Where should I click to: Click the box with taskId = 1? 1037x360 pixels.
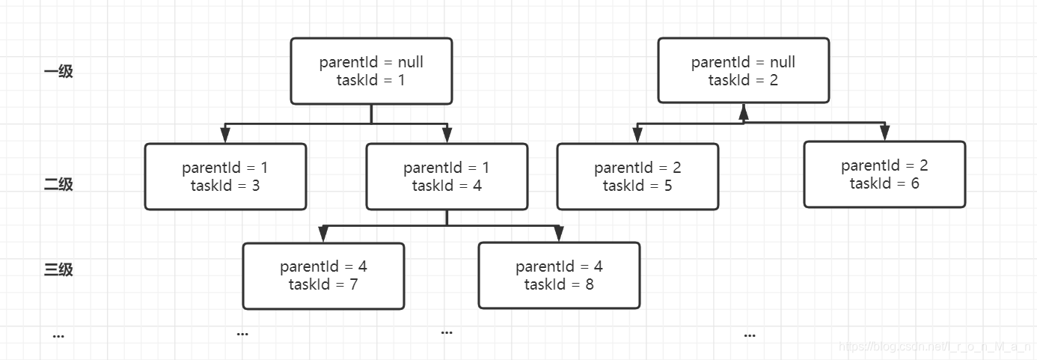tap(371, 71)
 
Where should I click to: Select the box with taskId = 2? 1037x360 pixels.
tap(743, 71)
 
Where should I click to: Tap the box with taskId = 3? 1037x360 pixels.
tap(225, 177)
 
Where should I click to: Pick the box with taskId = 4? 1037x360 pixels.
tap(447, 177)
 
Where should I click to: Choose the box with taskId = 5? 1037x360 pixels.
tap(637, 177)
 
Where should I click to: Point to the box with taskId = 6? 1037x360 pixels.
tap(884, 174)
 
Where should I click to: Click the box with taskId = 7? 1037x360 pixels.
tap(323, 275)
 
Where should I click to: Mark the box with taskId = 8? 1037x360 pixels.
tap(559, 275)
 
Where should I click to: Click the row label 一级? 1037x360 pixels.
tap(58, 73)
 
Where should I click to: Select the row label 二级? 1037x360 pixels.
tap(58, 184)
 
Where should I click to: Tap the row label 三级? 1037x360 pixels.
tap(58, 269)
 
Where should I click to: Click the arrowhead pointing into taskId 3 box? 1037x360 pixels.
tap(225, 135)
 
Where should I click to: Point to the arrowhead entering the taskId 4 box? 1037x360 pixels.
tap(447, 135)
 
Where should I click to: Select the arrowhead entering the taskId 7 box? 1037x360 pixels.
tap(323, 235)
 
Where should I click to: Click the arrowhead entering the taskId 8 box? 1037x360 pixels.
tap(559, 235)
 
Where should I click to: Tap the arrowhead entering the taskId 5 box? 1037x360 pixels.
tap(637, 135)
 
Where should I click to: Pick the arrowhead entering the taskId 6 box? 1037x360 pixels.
tap(884, 134)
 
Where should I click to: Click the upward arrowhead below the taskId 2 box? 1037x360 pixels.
tap(743, 112)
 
